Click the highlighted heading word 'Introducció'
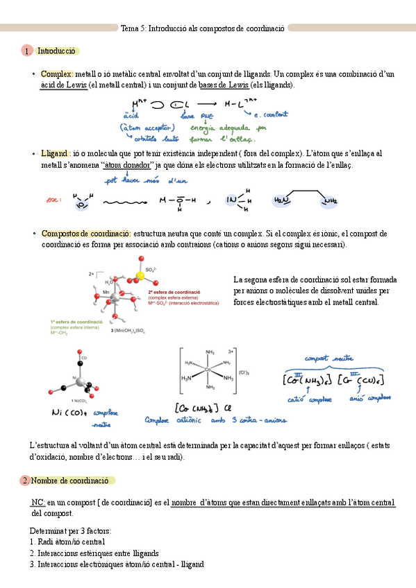point(56,51)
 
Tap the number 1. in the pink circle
point(26,51)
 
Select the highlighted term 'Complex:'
point(57,74)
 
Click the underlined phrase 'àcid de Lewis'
point(64,85)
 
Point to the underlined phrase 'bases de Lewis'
point(223,85)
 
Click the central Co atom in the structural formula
point(208,370)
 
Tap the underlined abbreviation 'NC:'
point(38,502)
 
